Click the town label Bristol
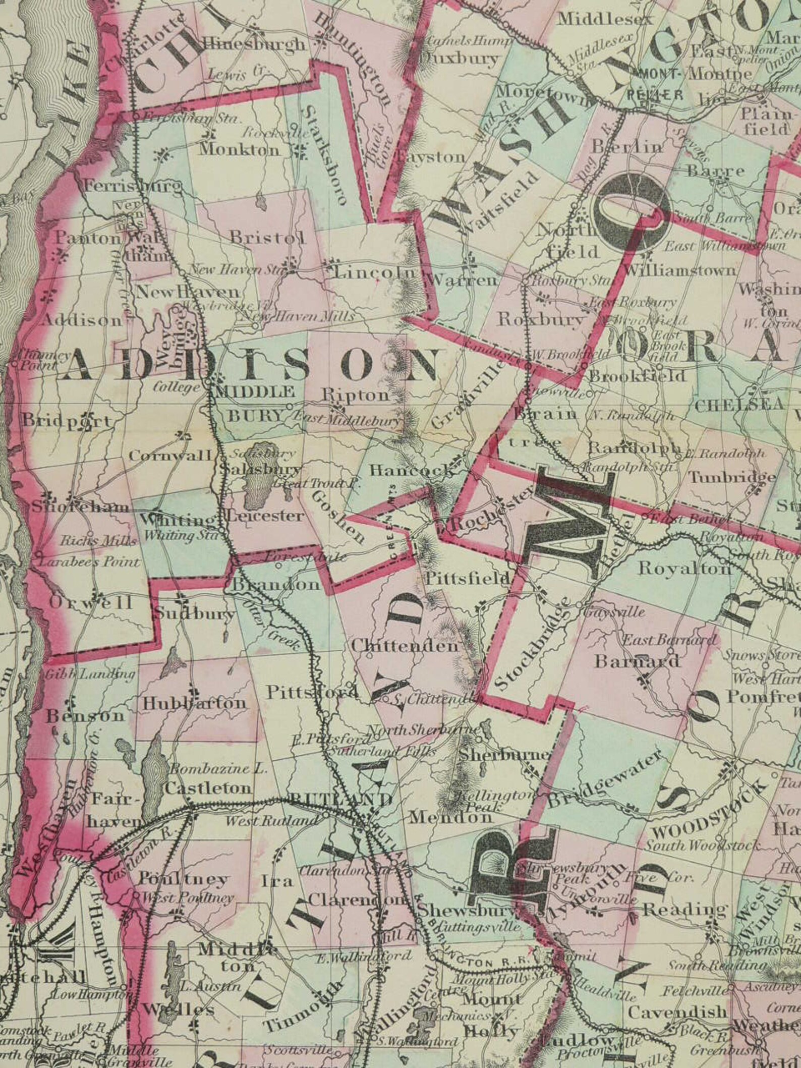[x=267, y=237]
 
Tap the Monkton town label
[x=239, y=150]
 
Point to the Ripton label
[x=356, y=395]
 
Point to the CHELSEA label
[x=739, y=404]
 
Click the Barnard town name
[x=638, y=661]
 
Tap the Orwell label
[x=91, y=602]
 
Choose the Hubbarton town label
[x=194, y=703]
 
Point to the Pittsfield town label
[x=467, y=579]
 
